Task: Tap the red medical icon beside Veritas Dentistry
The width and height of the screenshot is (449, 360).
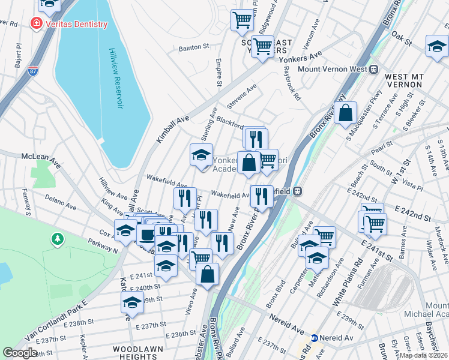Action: [37, 24]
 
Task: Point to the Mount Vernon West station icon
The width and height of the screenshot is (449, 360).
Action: [373, 69]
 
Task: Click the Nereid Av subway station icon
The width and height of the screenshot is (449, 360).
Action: [314, 338]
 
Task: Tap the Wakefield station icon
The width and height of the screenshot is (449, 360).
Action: [298, 191]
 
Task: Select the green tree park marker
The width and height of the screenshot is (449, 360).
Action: [58, 239]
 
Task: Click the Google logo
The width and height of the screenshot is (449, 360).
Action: [20, 353]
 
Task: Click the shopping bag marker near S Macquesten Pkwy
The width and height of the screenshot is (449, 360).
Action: [346, 112]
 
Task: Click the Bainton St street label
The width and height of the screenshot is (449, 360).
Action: [193, 46]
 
